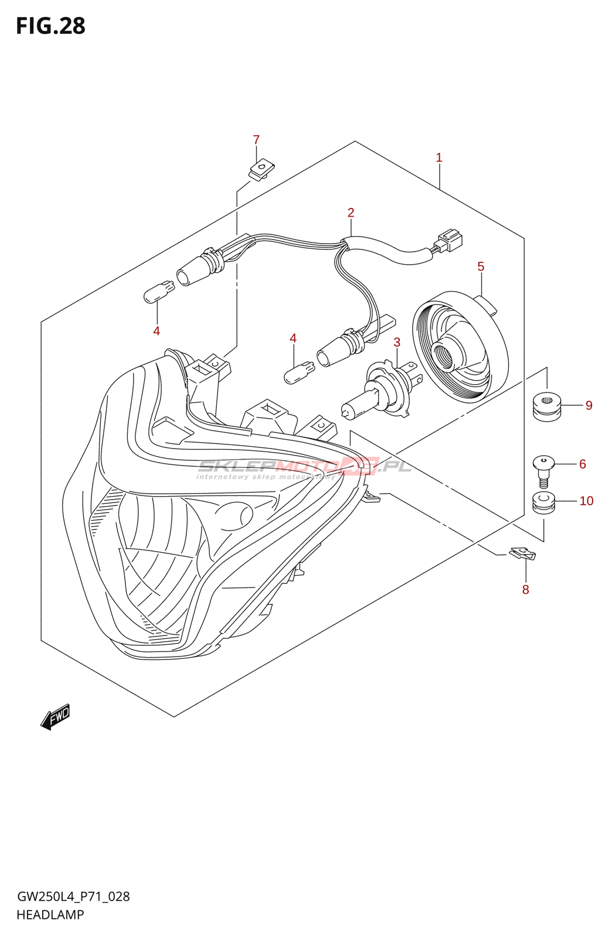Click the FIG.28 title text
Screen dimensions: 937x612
pyautogui.click(x=50, y=26)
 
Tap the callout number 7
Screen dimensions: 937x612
pyautogui.click(x=256, y=140)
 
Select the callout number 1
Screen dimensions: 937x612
pyautogui.click(x=439, y=158)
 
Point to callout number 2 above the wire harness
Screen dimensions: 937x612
pyautogui.click(x=351, y=213)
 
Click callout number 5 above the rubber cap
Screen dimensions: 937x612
pyautogui.click(x=481, y=267)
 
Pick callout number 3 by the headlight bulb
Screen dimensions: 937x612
pyautogui.click(x=397, y=343)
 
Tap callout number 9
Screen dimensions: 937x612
pyautogui.click(x=589, y=405)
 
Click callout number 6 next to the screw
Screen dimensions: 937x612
pyautogui.click(x=582, y=464)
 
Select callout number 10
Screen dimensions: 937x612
pyautogui.click(x=586, y=501)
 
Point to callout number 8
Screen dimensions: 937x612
pyautogui.click(x=525, y=590)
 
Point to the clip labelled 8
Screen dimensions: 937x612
pyautogui.click(x=522, y=553)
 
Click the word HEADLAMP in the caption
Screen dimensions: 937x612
pyautogui.click(x=50, y=915)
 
